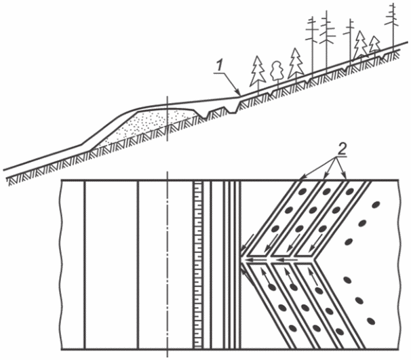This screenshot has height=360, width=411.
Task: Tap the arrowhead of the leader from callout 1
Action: click(x=238, y=96)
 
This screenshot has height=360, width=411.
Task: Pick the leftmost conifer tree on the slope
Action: click(x=257, y=70)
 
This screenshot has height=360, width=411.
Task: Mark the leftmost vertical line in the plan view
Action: click(x=85, y=264)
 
